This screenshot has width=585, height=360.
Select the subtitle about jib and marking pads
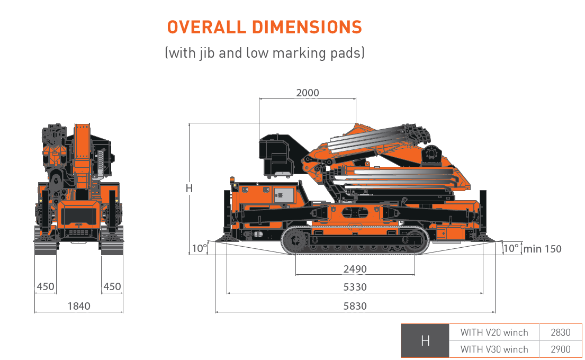264,53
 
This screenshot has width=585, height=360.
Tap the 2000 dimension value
308,93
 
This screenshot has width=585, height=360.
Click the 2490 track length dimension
355,269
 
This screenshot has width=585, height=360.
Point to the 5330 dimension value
355,287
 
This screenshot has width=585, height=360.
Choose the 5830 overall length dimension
355,306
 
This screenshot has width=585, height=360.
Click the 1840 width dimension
79,306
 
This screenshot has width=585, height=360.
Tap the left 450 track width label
46,287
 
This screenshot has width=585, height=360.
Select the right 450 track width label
112,287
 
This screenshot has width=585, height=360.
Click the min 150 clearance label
542,249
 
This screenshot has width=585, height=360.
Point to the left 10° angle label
200,248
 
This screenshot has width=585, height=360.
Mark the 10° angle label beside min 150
511,248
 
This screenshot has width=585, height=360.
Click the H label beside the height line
189,188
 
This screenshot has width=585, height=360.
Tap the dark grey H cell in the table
425,341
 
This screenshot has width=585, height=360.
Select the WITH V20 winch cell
494,332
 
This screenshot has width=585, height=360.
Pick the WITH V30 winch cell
494,349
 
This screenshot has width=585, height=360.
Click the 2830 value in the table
561,332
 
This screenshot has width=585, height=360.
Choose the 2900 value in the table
561,349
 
